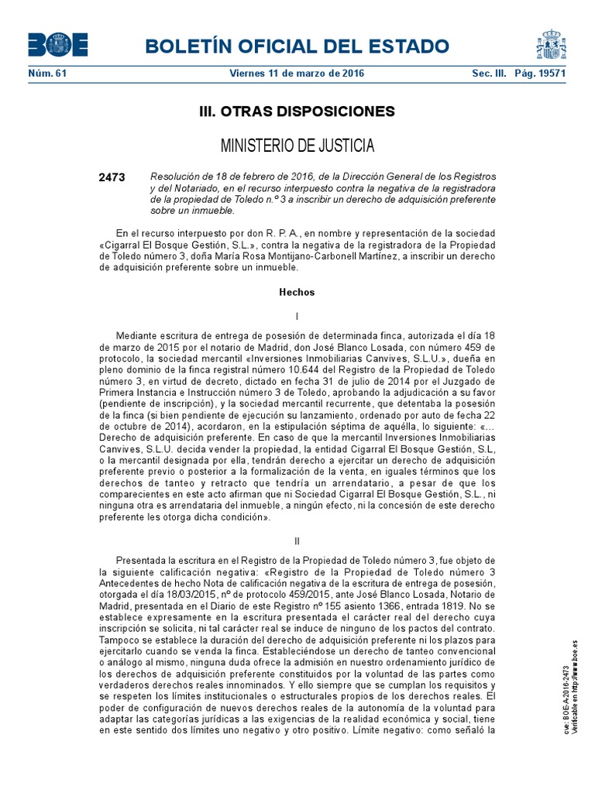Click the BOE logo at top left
(57, 46)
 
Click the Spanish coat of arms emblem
(551, 45)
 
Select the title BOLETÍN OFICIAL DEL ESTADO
(295, 46)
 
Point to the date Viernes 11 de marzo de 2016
(297, 74)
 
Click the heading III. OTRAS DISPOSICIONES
(297, 112)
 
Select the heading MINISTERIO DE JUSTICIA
(297, 146)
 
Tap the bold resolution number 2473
(112, 177)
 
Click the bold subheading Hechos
(297, 293)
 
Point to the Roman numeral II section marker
(297, 541)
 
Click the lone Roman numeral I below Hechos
(297, 317)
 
